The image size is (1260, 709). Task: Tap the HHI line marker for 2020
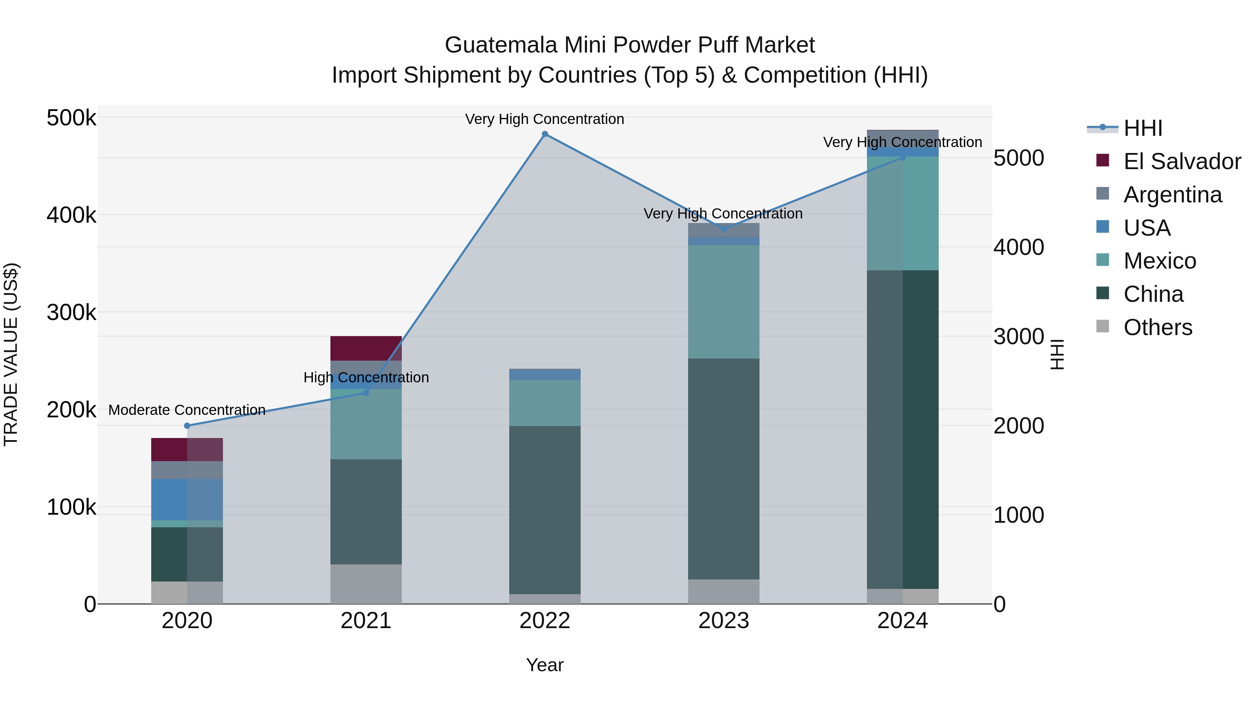tap(187, 426)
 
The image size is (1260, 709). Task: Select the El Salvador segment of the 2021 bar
tap(366, 348)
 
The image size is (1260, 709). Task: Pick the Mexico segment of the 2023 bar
tap(723, 301)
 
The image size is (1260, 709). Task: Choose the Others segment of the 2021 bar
tap(366, 584)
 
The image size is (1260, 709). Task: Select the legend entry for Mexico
tap(1159, 261)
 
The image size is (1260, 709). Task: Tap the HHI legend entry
tap(1143, 128)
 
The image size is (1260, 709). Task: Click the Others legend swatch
tap(1102, 326)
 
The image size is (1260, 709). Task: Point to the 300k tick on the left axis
tap(71, 312)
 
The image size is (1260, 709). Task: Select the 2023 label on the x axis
tap(723, 621)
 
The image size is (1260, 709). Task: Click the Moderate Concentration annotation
tap(187, 410)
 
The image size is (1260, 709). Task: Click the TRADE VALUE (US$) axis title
tap(11, 354)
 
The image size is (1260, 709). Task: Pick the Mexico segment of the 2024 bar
tap(902, 213)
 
